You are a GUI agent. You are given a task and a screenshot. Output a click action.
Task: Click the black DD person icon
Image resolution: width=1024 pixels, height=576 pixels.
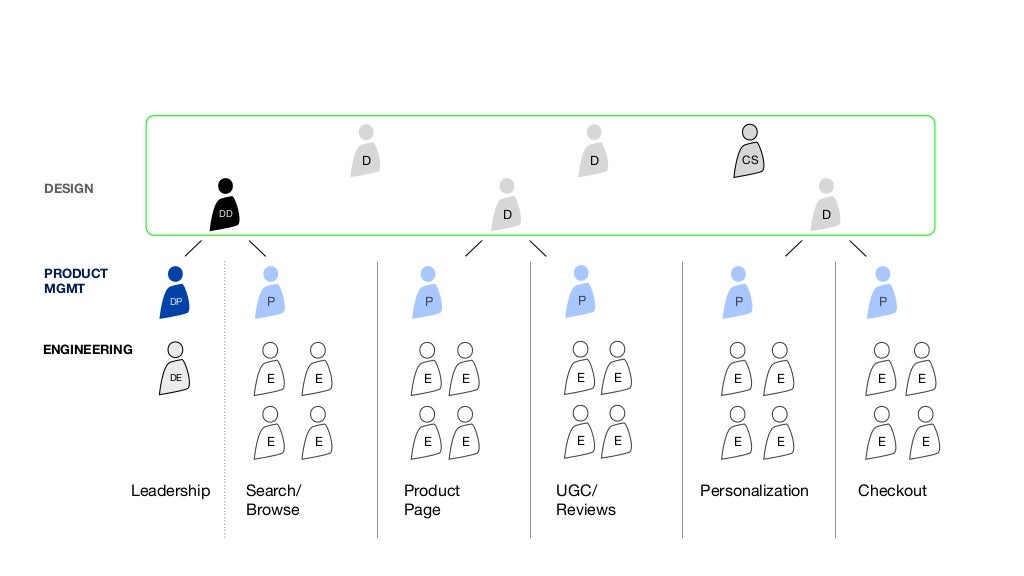tap(225, 206)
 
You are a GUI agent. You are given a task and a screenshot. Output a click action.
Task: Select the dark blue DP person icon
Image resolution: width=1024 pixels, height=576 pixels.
tap(175, 294)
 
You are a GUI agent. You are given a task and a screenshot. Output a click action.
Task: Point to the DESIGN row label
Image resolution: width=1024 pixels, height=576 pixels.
tap(69, 188)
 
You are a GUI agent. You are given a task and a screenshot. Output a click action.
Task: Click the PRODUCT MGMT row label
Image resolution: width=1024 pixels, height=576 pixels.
tap(76, 281)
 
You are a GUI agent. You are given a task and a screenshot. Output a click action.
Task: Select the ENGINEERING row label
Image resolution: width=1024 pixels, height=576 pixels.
tap(88, 350)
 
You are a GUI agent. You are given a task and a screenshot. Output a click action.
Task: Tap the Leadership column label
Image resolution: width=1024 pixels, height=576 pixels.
tap(171, 491)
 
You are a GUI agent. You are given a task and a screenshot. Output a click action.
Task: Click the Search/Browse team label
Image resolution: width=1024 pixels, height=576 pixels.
tap(273, 500)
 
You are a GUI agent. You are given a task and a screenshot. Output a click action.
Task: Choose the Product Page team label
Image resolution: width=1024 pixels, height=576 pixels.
tap(432, 500)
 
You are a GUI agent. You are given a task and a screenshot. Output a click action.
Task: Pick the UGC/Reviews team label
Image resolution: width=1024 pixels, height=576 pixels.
tap(586, 500)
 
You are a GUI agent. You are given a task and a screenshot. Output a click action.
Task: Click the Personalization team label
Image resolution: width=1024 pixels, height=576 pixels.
tap(754, 491)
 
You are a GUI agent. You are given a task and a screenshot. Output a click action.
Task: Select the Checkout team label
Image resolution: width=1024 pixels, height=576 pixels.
tap(892, 491)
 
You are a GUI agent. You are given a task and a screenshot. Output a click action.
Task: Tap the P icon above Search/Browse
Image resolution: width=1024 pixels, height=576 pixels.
tap(270, 294)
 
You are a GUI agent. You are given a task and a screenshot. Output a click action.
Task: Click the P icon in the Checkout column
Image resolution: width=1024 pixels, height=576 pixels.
tap(882, 294)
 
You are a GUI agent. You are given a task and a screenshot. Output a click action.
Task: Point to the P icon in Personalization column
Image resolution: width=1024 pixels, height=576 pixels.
tap(738, 294)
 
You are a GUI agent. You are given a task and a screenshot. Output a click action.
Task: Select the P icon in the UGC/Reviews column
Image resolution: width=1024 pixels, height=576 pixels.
tap(581, 294)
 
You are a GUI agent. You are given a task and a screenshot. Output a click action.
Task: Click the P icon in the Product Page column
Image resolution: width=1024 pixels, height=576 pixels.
tap(428, 294)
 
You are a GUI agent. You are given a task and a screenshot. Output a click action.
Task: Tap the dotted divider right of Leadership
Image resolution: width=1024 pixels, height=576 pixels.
tap(224, 400)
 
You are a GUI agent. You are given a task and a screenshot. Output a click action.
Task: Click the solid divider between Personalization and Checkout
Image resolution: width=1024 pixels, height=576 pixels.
tap(836, 400)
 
